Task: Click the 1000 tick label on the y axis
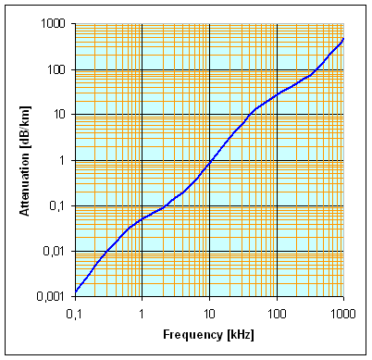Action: point(53,23)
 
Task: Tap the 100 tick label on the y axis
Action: point(56,69)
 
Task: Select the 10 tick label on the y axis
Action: point(59,115)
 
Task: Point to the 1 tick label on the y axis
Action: point(63,160)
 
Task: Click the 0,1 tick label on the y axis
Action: point(57,205)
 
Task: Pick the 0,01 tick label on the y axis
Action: point(55,251)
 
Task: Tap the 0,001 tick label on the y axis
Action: point(51,296)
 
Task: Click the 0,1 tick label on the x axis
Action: point(74,314)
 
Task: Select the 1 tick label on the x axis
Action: point(142,314)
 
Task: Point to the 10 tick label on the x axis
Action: point(209,314)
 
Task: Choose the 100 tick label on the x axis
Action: point(277,314)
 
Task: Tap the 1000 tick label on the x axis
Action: point(343,314)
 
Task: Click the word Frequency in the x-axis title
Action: point(192,335)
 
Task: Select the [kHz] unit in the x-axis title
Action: point(241,335)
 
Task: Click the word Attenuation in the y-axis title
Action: point(24,186)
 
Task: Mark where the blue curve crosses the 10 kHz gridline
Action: point(209,163)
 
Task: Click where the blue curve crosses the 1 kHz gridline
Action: point(142,218)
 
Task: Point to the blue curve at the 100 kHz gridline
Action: point(277,94)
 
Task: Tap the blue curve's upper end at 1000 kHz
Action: point(343,39)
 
